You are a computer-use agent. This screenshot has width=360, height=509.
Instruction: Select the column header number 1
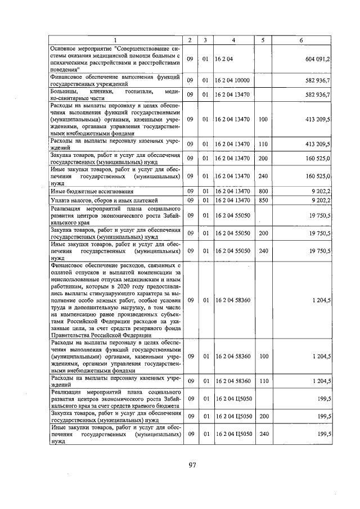coord(115,40)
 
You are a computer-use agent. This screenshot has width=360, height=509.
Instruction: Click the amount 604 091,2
coord(317,58)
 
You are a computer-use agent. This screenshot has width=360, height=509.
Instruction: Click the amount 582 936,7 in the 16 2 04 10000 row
coord(317,80)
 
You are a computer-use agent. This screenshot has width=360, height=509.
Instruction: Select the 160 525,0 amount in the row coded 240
coord(317,177)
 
